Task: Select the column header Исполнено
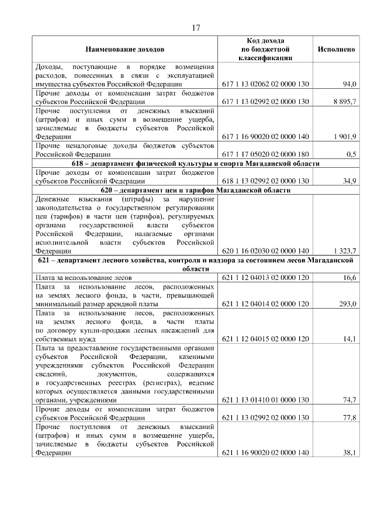pyautogui.click(x=336, y=50)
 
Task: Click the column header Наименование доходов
pyautogui.click(x=125, y=50)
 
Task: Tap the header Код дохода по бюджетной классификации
pyautogui.click(x=265, y=50)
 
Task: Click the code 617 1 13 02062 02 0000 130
pyautogui.click(x=265, y=84)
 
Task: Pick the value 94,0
pyautogui.click(x=349, y=84)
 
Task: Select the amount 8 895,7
pyautogui.click(x=345, y=102)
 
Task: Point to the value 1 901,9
pyautogui.click(x=345, y=136)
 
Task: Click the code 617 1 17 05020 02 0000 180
pyautogui.click(x=265, y=154)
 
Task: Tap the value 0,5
pyautogui.click(x=351, y=154)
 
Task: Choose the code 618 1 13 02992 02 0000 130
pyautogui.click(x=265, y=181)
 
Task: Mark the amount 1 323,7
pyautogui.click(x=345, y=251)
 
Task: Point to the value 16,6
pyautogui.click(x=350, y=278)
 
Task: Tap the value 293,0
pyautogui.click(x=348, y=303)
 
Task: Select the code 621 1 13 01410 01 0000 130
pyautogui.click(x=265, y=400)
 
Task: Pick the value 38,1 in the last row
pyautogui.click(x=350, y=452)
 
